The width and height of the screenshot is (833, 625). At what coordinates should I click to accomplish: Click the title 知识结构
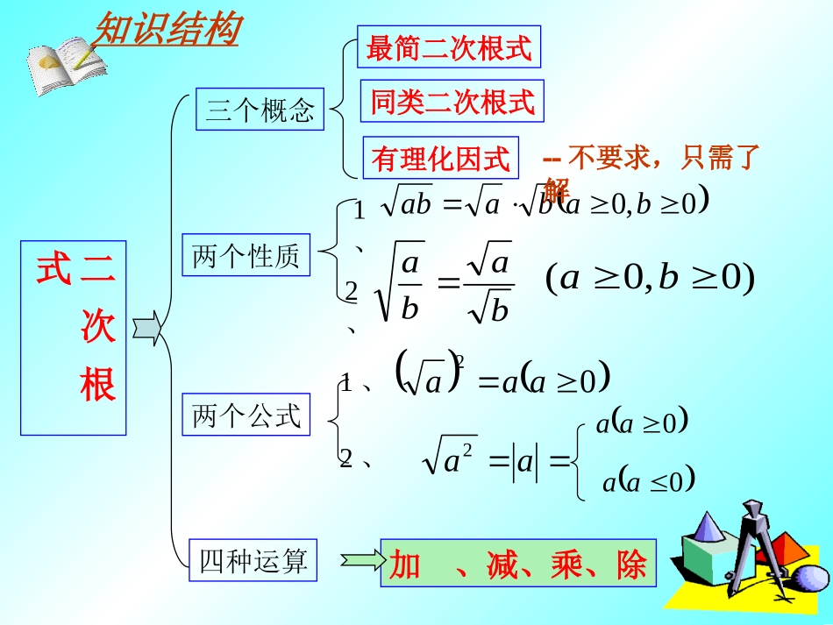(166, 30)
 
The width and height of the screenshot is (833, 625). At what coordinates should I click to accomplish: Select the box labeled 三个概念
(260, 110)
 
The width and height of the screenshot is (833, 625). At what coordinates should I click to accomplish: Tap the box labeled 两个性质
(246, 256)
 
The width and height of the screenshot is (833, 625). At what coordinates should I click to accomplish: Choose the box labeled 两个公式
(246, 415)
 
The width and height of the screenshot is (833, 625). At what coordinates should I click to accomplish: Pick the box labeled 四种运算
(253, 561)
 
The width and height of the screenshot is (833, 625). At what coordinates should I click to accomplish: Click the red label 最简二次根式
(449, 47)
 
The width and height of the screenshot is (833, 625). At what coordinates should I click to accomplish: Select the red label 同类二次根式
(452, 102)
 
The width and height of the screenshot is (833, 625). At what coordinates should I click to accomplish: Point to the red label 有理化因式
(440, 158)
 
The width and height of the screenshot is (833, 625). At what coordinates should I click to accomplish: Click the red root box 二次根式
(74, 337)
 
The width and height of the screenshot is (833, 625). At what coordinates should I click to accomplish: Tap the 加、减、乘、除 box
(518, 563)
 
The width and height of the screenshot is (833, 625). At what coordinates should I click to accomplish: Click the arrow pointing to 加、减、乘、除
(360, 559)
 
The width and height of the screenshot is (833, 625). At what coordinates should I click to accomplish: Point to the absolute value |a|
(525, 461)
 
